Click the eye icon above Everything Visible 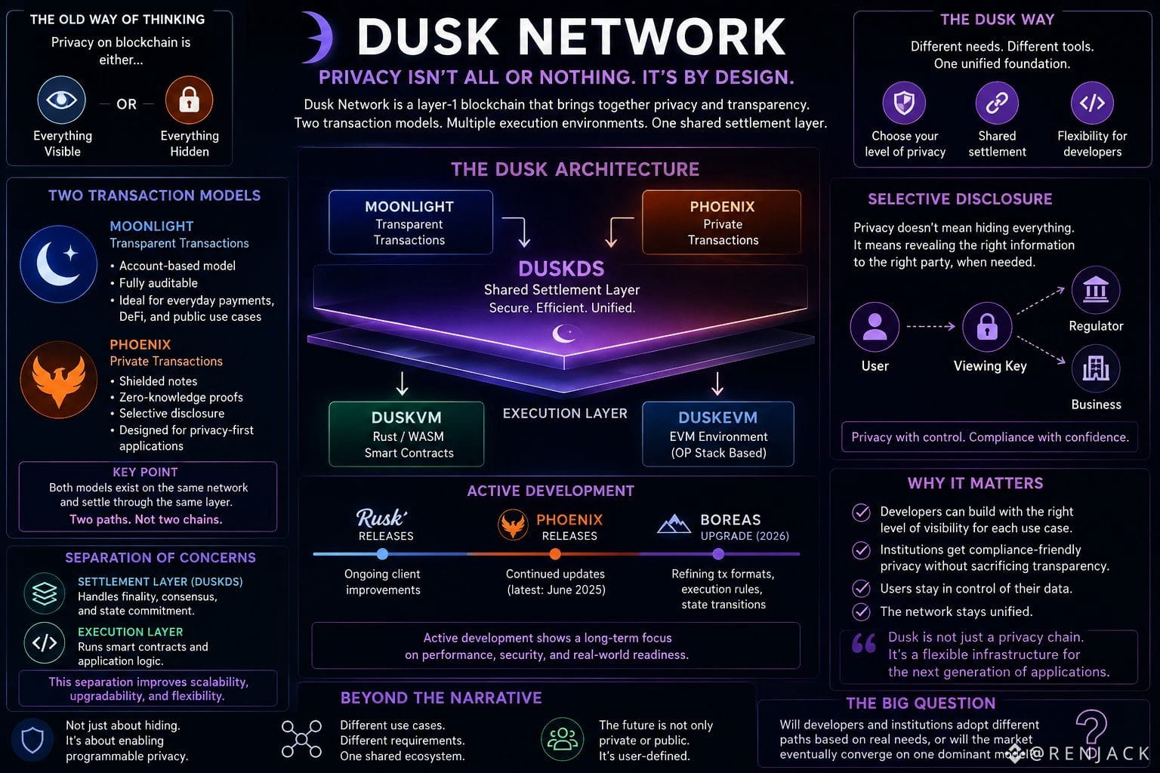62,100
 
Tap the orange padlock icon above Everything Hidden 189,100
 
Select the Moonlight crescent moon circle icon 58,264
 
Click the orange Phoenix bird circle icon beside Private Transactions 58,380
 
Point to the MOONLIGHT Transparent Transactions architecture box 411,222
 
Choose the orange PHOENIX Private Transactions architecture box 721,222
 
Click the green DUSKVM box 406,434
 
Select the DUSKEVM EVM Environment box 718,434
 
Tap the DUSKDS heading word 561,269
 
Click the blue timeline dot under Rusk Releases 382,554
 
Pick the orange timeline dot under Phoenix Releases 555,554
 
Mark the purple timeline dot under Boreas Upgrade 718,554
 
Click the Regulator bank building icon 1096,290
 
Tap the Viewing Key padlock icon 987,327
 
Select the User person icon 875,327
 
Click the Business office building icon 1096,369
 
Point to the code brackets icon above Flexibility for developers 1092,103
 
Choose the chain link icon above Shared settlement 997,103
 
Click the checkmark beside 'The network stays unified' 861,611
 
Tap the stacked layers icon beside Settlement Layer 45,593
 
